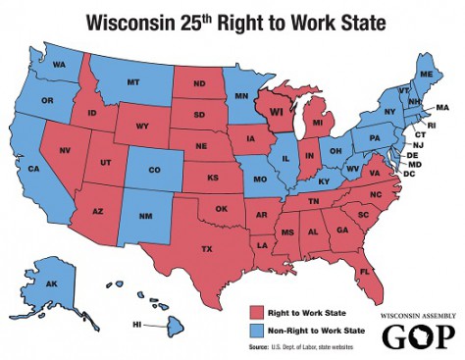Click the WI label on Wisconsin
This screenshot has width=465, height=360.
(x=277, y=113)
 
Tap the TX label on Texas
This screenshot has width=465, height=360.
(x=206, y=249)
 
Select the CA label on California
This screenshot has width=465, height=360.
(x=32, y=169)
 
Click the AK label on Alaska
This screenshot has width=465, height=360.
(x=52, y=284)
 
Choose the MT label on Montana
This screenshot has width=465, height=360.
(x=132, y=82)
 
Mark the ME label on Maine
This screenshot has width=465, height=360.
(x=425, y=75)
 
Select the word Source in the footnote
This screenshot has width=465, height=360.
(x=260, y=346)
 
